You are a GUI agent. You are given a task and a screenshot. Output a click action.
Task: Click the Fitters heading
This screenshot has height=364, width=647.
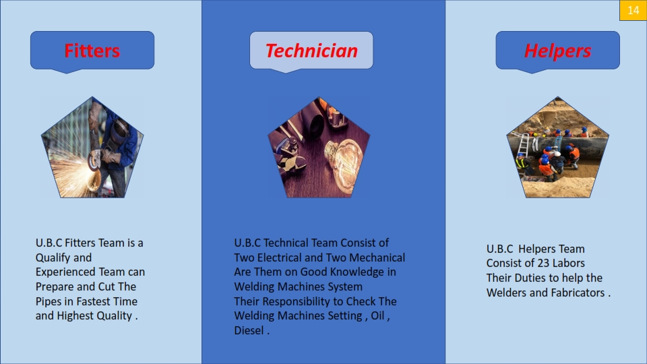coord(92,51)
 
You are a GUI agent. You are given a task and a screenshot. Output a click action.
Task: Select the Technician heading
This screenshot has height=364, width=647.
coord(311,51)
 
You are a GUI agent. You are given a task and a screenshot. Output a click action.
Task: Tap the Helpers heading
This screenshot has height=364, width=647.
coord(557,51)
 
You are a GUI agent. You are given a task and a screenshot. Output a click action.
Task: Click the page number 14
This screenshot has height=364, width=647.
coord(634,10)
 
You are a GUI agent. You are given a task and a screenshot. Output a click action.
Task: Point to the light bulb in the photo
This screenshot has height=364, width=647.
coord(343,162)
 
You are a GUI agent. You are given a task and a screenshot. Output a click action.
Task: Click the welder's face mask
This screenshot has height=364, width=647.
coord(120,131)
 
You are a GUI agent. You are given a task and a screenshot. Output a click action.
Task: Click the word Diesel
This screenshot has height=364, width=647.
coord(249,330)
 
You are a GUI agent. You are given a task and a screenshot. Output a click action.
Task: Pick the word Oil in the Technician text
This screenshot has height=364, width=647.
coord(377,315)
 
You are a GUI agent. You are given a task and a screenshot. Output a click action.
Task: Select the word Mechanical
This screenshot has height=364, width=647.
coord(377,257)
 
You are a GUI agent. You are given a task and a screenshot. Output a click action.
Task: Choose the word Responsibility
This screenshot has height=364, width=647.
coord(297,302)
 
